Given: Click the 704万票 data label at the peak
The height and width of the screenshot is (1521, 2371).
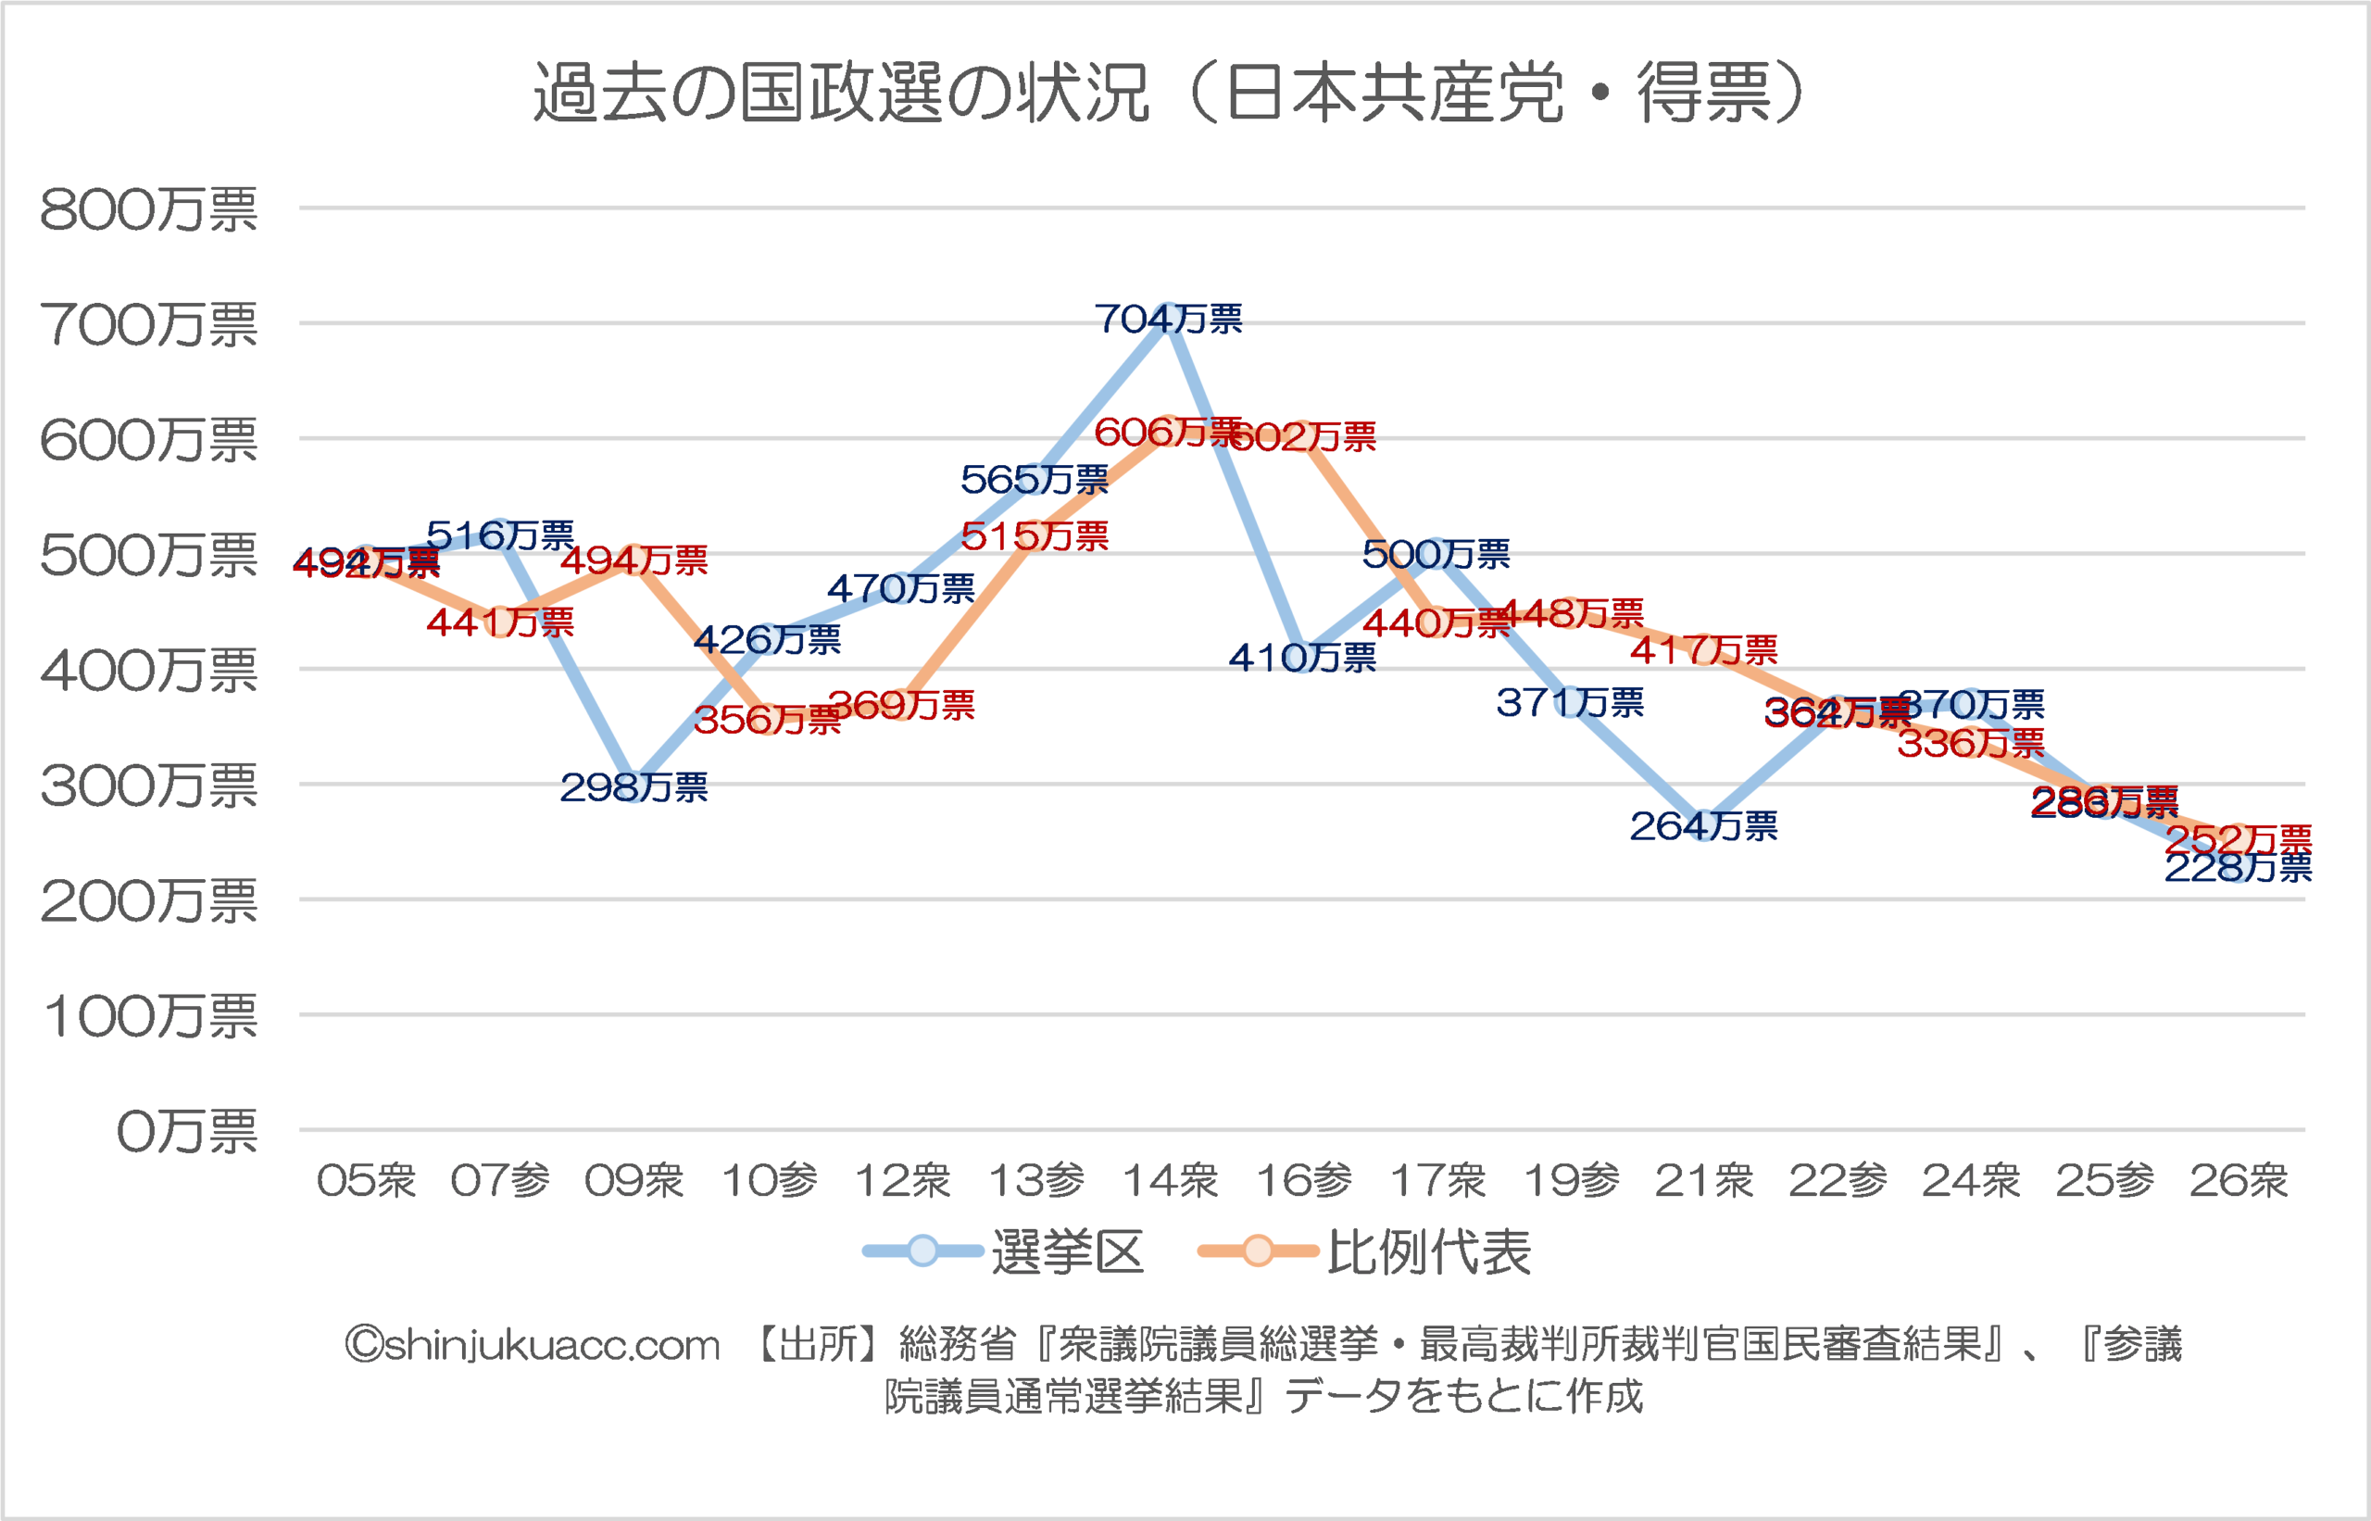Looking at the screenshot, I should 1168,319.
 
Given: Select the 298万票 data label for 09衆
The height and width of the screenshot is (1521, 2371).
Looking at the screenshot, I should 634,787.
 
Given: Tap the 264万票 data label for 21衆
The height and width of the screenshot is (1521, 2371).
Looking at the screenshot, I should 1703,825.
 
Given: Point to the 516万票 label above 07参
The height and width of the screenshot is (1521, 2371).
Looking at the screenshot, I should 500,535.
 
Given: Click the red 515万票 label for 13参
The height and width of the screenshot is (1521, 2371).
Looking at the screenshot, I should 1034,536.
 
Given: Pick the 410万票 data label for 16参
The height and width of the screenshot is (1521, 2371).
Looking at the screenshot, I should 1301,658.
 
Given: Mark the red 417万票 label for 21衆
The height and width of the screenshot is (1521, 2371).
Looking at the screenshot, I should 1703,650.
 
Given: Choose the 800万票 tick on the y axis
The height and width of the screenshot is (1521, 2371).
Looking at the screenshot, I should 148,210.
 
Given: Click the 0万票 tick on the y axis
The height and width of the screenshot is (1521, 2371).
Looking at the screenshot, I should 187,1132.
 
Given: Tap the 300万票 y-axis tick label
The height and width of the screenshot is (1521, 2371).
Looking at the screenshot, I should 148,787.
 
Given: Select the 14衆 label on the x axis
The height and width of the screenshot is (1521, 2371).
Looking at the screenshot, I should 1170,1181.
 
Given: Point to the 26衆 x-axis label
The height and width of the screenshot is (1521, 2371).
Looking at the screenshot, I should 2239,1181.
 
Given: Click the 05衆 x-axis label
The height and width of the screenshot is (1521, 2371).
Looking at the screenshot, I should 367,1181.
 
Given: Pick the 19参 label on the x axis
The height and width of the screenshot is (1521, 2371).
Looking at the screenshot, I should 1571,1181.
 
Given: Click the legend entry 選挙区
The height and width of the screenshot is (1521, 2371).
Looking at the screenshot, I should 1067,1252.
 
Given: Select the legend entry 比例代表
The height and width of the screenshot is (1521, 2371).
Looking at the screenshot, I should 1428,1252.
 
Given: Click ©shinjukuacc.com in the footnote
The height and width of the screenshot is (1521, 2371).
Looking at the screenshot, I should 533,1345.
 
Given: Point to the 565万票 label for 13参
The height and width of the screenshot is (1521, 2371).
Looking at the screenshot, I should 1034,480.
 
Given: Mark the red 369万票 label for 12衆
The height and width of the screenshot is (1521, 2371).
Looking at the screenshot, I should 901,705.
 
